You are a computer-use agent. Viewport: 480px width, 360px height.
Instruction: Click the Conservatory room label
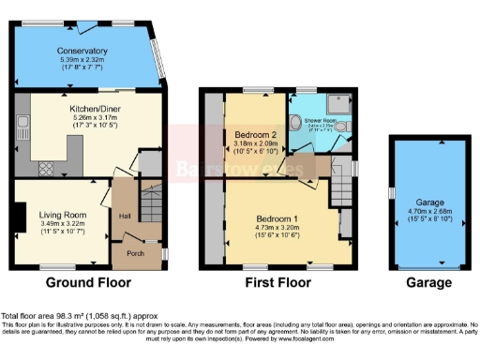pyautogui.click(x=82, y=51)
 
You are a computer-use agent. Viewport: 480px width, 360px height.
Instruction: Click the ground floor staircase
pyautogui.click(x=149, y=202)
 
